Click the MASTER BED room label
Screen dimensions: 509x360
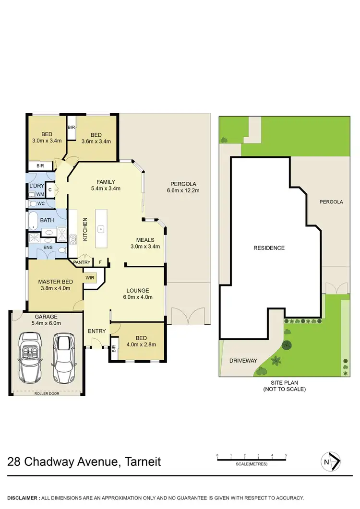56,281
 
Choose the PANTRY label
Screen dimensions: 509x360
82,262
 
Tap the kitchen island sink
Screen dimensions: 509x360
101,228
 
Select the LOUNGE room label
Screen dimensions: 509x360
138,290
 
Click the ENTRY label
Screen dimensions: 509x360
96,331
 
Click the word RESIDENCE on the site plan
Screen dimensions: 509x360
269,248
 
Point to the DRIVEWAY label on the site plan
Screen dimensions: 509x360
243,361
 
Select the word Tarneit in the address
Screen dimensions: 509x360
143,462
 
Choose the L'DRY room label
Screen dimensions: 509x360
36,185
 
